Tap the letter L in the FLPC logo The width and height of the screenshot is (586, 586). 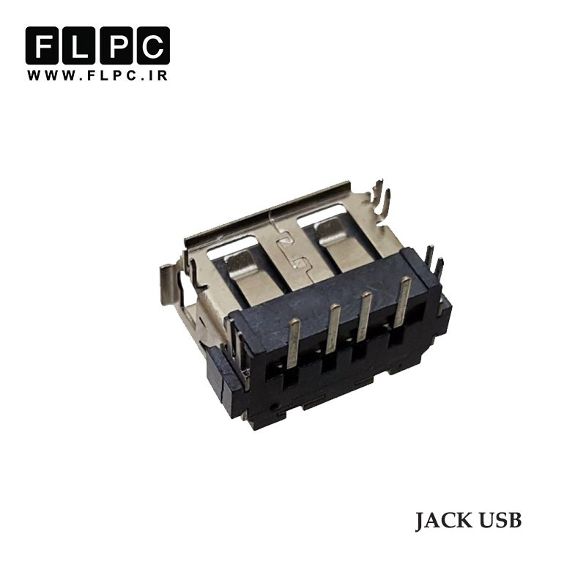(78, 45)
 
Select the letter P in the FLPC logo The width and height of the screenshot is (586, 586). (116, 45)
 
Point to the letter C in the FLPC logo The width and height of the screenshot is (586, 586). (153, 45)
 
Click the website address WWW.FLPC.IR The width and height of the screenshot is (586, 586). (97, 75)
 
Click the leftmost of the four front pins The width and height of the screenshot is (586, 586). (294, 344)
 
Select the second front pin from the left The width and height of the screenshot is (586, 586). (333, 329)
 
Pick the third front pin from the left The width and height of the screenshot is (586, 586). (364, 317)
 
